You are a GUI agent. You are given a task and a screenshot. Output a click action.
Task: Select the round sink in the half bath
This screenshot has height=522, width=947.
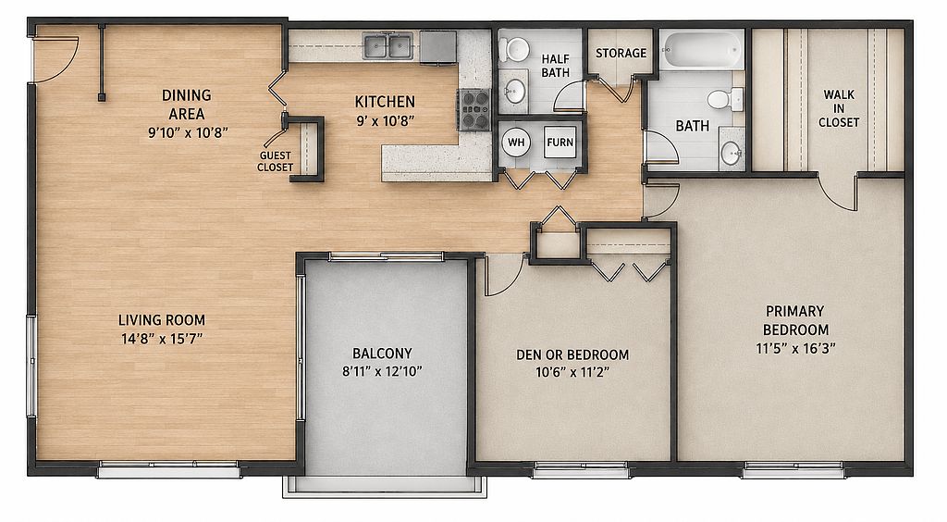[x=514, y=92]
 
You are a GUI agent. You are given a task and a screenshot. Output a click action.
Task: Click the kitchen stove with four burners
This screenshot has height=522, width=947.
[x=473, y=109]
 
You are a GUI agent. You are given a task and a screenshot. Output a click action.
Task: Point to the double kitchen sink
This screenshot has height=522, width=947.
[x=387, y=46]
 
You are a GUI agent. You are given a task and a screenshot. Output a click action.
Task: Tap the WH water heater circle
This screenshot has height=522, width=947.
[x=516, y=143]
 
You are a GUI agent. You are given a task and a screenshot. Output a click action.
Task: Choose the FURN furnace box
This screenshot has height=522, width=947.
[x=560, y=143]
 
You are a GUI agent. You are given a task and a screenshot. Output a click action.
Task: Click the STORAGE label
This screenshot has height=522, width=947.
[x=621, y=53]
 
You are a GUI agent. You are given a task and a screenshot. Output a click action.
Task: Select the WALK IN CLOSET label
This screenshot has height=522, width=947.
[x=839, y=109]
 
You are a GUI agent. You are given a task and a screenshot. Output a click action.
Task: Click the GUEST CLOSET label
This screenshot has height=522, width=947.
[x=275, y=161]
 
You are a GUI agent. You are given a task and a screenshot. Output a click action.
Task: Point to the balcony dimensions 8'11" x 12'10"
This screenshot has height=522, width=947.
[x=382, y=371]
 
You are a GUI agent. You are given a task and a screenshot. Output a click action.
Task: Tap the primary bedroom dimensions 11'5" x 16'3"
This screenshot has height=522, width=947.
[x=795, y=349]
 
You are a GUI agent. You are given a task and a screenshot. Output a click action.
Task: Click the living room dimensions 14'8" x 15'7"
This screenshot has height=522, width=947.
[x=162, y=339]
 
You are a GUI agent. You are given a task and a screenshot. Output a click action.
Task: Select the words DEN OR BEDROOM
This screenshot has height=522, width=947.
[x=572, y=354]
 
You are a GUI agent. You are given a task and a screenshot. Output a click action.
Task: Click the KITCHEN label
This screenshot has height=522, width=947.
[x=385, y=102]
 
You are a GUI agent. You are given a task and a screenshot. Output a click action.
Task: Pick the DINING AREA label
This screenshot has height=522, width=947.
[x=187, y=105]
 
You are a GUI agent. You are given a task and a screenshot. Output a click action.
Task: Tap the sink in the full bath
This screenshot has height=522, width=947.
[x=732, y=153]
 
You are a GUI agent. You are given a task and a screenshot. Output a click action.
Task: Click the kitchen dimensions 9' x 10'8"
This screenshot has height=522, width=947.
[x=386, y=121]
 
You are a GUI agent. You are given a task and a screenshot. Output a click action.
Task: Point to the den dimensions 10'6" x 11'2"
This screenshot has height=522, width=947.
[x=572, y=372]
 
